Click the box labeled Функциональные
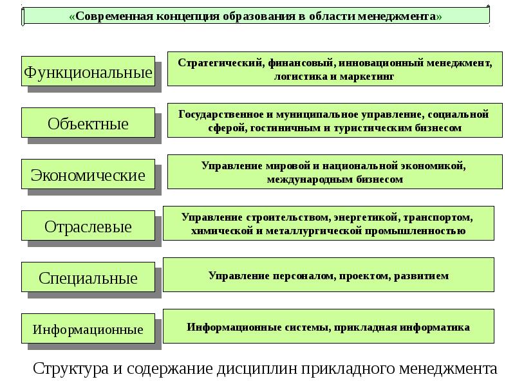click(88, 72)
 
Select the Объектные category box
click(88, 123)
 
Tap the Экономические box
click(88, 174)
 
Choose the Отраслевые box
click(88, 226)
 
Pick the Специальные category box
click(88, 278)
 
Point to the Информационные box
click(88, 329)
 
